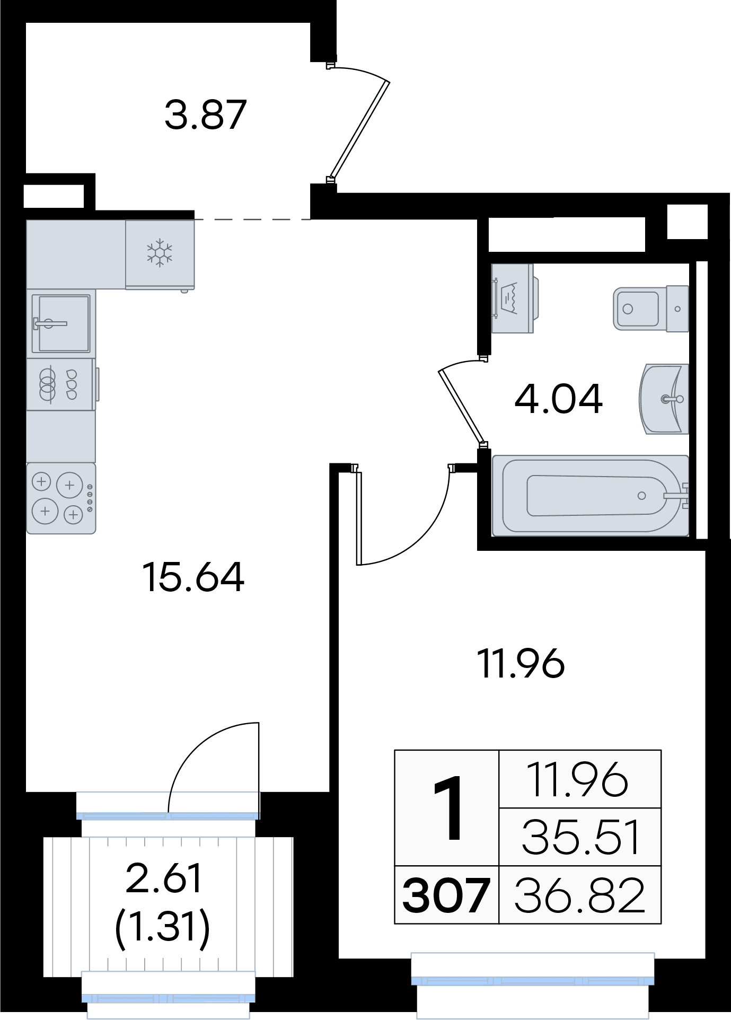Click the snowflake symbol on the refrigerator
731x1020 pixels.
click(x=160, y=252)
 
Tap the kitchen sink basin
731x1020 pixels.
click(x=61, y=323)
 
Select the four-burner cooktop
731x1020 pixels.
click(x=61, y=498)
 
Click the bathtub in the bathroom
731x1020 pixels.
click(x=591, y=495)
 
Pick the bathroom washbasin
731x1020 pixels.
click(x=664, y=399)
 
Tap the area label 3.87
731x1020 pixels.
click(x=206, y=115)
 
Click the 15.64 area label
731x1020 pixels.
click(x=193, y=577)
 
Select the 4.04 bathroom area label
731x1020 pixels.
click(x=559, y=398)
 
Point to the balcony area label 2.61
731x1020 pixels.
click(x=164, y=878)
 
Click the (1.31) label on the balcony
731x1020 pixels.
click(x=163, y=927)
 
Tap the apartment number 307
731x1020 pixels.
click(x=446, y=895)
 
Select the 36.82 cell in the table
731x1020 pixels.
click(x=580, y=895)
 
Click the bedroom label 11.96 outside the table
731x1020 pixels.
click(x=521, y=664)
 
